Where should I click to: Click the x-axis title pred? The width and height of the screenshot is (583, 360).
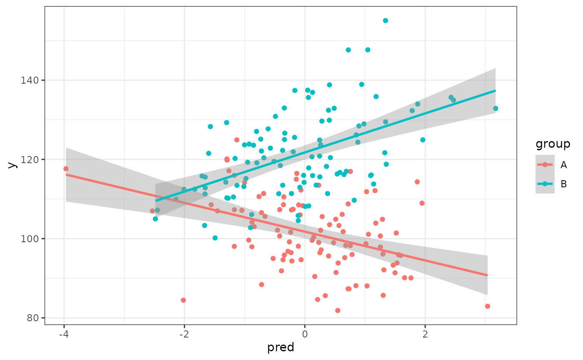point(281,348)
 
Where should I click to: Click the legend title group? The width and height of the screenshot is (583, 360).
point(553,144)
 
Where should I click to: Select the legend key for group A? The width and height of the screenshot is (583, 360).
point(545,165)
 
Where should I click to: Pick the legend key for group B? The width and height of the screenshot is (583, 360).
point(545,184)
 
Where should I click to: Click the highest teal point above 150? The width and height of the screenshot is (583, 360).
point(386,20)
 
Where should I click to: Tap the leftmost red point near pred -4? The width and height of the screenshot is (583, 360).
point(66,169)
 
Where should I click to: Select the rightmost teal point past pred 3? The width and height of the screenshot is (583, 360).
point(496,108)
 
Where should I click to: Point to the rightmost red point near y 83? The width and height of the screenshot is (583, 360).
point(488,306)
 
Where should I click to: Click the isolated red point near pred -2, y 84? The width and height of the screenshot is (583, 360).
point(183,300)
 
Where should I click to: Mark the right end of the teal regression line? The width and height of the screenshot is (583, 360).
point(495,90)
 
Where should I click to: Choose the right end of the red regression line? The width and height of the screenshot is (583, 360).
point(487,275)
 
